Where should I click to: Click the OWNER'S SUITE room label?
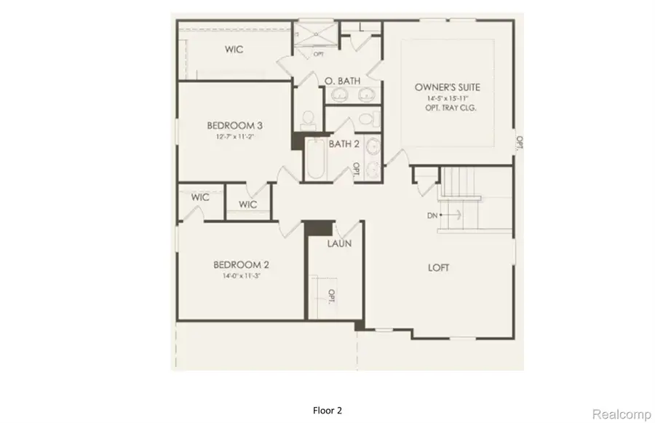448,87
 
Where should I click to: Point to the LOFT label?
438,268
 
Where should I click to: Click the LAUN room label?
339,243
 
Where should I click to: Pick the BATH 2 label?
344,145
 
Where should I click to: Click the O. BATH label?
343,82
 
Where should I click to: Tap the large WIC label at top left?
233,50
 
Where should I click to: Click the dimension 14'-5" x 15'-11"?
448,98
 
